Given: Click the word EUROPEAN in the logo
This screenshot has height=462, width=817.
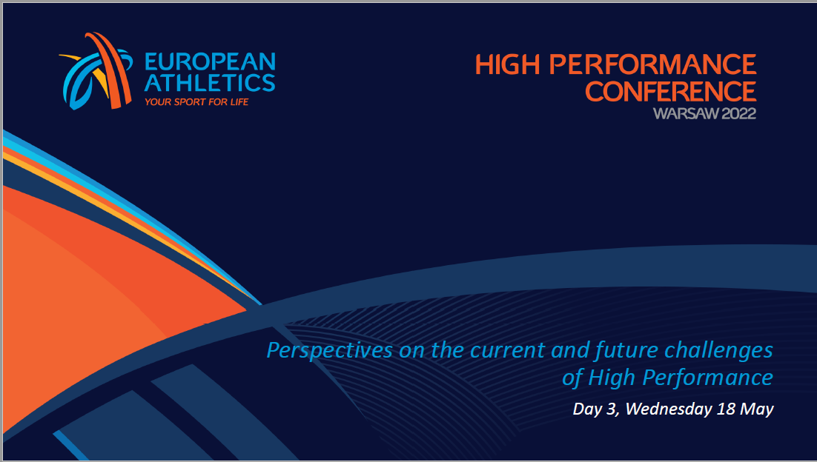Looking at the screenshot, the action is click(x=210, y=62).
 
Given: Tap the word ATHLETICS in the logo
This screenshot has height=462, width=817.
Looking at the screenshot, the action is click(x=210, y=83).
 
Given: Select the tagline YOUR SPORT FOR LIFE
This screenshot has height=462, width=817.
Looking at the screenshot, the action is click(x=196, y=102).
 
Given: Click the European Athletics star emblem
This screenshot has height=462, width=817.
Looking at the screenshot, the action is click(x=96, y=71).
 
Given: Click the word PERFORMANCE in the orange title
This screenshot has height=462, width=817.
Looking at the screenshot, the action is click(x=653, y=64).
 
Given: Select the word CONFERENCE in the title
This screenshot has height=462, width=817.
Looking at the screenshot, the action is click(x=671, y=92).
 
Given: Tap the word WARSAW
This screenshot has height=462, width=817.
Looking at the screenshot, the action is click(x=687, y=113).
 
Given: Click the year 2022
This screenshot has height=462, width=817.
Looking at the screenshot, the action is click(x=739, y=113).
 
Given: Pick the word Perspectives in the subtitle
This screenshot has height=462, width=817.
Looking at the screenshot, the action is click(x=330, y=351).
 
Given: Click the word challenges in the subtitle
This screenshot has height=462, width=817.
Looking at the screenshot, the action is click(x=718, y=351).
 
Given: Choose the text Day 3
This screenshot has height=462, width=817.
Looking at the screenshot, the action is click(x=596, y=409).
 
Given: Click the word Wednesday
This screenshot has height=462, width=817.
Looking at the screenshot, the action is click(x=669, y=409).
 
